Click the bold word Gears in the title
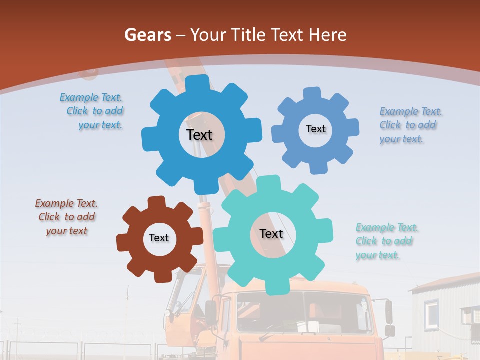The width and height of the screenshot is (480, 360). tap(148, 35)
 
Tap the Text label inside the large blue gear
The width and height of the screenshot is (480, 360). tap(199, 135)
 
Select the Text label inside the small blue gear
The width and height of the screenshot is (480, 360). tap(315, 129)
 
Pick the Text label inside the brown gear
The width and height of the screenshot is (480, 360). tap(159, 238)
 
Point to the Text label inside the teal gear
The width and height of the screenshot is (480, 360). tap(271, 234)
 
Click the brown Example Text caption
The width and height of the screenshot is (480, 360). tap(66, 217)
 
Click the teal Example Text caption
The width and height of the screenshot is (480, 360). tap(386, 241)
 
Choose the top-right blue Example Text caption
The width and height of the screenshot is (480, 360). tap(410, 125)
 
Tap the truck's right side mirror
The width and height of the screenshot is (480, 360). tap(389, 312)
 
